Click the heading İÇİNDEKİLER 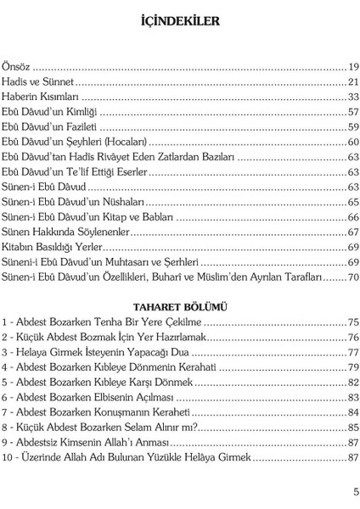click(180, 19)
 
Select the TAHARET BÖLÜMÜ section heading click(180, 306)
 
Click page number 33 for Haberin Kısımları click(352, 97)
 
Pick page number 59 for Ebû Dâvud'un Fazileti click(352, 127)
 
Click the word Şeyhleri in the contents click(96, 142)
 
